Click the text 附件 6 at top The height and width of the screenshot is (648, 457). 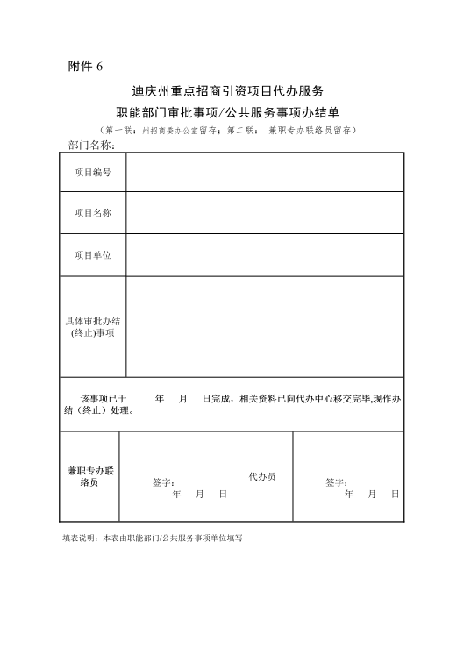(x=85, y=67)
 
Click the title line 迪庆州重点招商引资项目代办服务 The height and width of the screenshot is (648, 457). (x=228, y=90)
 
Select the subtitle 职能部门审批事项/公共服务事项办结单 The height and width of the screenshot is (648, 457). (x=228, y=111)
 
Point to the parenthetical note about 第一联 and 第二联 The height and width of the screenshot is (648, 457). (x=228, y=130)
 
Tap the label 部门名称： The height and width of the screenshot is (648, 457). (x=91, y=145)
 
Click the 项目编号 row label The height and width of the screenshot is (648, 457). (x=93, y=172)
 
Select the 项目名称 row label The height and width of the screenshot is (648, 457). (x=93, y=212)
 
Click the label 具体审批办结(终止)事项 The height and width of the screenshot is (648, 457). (x=93, y=326)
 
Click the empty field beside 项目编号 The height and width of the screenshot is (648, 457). (x=265, y=172)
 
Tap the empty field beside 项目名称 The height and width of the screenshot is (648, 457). (x=265, y=212)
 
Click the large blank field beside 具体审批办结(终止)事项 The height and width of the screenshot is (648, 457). (x=265, y=326)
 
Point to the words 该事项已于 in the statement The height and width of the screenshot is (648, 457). (x=104, y=398)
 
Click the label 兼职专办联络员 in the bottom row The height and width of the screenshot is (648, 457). (x=90, y=476)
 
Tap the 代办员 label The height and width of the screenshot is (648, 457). (x=262, y=476)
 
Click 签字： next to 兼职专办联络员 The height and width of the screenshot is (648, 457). (x=163, y=482)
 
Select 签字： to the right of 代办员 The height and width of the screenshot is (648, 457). (x=337, y=482)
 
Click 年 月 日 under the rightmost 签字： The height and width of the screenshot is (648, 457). (x=372, y=495)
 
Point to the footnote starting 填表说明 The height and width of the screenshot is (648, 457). (x=152, y=538)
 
